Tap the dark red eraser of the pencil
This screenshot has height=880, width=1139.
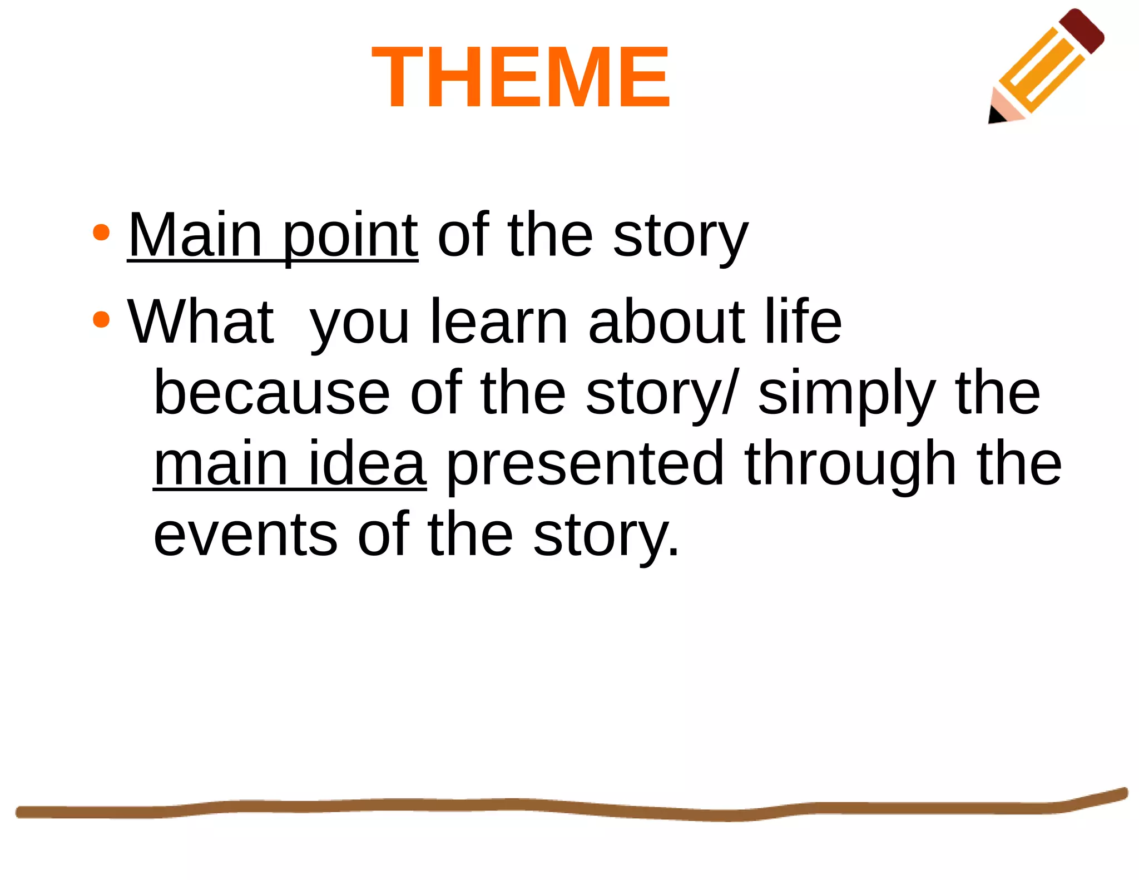point(1082,30)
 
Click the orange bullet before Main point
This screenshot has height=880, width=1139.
point(101,232)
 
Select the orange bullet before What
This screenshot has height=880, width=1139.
point(101,319)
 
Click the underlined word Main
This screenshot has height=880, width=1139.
point(195,236)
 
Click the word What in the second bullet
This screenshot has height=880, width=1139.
point(200,323)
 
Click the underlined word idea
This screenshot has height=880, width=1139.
point(367,464)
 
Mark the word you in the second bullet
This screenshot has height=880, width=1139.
point(359,325)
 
